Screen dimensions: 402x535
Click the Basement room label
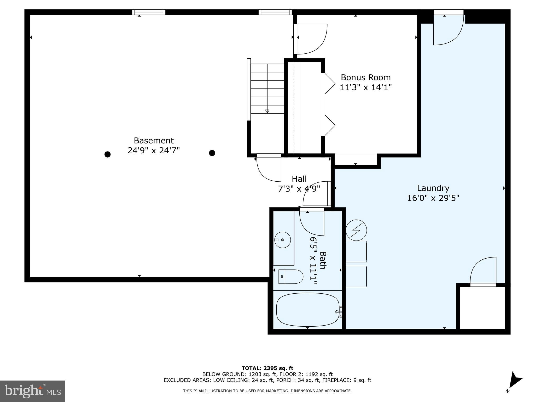click(x=154, y=141)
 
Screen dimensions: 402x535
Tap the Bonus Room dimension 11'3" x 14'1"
click(x=365, y=87)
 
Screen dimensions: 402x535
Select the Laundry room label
click(x=433, y=188)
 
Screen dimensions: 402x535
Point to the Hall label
click(x=299, y=179)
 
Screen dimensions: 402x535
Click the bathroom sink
click(x=282, y=239)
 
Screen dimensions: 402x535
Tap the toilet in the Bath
click(x=291, y=277)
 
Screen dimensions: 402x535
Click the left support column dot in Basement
click(x=107, y=154)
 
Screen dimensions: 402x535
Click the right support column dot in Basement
click(x=212, y=153)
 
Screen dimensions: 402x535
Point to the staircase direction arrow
click(x=267, y=111)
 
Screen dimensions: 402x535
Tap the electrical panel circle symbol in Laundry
click(x=356, y=230)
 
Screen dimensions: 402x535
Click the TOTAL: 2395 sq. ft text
click(x=267, y=368)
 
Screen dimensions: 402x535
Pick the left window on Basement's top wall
click(x=149, y=12)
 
